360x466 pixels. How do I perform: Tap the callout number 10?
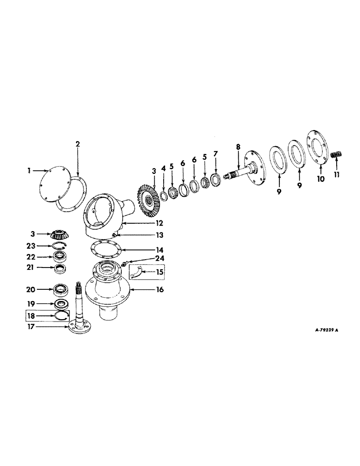tap(320, 178)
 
